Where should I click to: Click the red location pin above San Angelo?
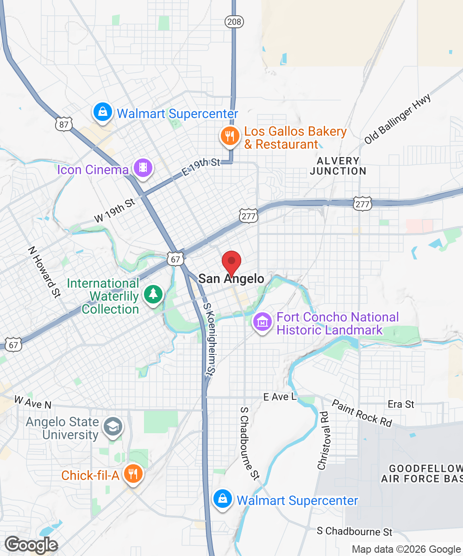coord(231,262)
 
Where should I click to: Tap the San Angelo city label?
coord(231,278)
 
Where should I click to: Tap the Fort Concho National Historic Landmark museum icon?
coord(262,321)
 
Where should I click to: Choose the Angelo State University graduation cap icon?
coord(113,428)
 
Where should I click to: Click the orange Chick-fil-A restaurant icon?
coord(133,474)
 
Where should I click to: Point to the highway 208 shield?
coord(234,21)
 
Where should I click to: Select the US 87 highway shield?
coord(63,124)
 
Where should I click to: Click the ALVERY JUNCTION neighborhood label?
coord(338,166)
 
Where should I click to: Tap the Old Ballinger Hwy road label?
coord(398,119)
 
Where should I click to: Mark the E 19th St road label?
coord(201,167)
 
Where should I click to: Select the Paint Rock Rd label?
coord(362,413)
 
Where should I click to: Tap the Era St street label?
coord(401,404)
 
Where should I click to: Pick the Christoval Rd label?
coord(324,441)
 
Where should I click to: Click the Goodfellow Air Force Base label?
coord(421,473)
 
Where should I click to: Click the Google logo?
coord(31,545)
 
